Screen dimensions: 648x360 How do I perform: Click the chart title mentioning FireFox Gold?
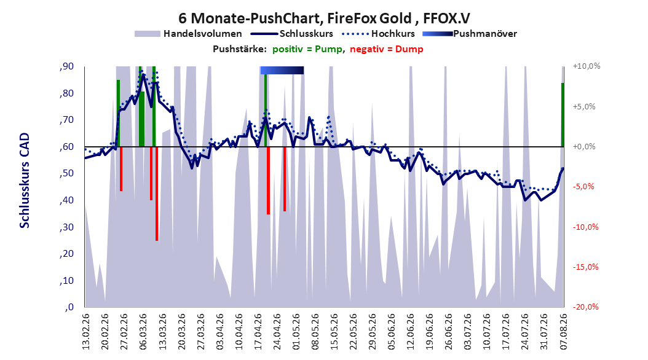[x=324, y=18]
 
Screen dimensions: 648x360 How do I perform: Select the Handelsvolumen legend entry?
[x=189, y=34]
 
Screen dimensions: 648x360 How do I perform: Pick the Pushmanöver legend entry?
[x=470, y=34]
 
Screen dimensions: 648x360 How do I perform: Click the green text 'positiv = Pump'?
[x=307, y=49]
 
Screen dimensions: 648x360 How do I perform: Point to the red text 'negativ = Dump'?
[x=387, y=49]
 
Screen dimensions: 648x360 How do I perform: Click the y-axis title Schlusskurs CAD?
[x=25, y=181]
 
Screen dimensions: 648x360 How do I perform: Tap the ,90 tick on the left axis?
[x=66, y=66]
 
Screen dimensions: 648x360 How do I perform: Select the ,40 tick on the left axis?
[x=66, y=200]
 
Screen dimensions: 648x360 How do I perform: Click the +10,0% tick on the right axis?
[x=587, y=66]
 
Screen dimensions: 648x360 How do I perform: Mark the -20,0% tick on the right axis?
[x=585, y=307]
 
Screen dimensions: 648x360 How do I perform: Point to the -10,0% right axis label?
[x=585, y=227]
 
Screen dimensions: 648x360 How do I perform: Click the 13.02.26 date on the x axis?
[x=86, y=332]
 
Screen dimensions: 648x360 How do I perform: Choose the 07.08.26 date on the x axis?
[x=563, y=332]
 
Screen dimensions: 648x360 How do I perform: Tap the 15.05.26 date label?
[x=334, y=332]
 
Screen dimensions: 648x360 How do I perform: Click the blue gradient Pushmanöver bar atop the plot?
[x=282, y=70]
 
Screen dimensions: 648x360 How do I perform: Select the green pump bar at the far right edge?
[x=563, y=115]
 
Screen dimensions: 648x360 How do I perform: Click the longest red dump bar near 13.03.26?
[x=157, y=194]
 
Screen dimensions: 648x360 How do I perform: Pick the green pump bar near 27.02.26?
[x=118, y=113]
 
